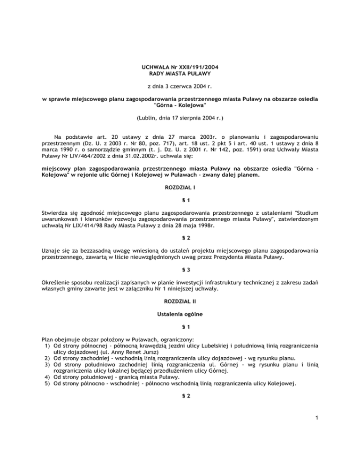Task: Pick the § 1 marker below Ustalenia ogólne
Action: click(x=180, y=340)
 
